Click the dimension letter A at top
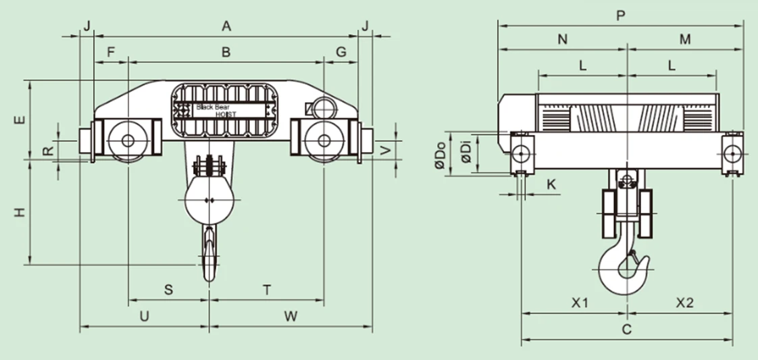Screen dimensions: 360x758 [226, 26]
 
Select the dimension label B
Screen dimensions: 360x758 [226, 51]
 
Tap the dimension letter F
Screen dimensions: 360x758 [111, 51]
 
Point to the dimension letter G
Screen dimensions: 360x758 [340, 51]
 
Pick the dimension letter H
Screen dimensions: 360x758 [20, 212]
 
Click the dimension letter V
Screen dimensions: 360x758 [386, 150]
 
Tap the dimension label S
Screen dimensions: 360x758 [169, 290]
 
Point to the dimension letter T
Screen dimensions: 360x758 [267, 290]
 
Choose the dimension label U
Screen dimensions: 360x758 [144, 315]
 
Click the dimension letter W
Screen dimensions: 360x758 [290, 315]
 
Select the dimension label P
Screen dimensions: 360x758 [620, 16]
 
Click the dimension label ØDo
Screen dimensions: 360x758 [440, 155]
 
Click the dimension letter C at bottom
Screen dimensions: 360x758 [627, 330]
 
